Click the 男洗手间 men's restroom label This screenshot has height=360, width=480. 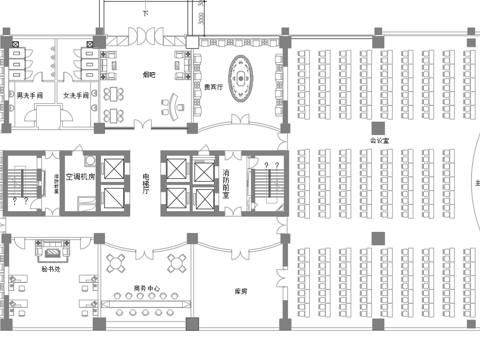pos(30,95)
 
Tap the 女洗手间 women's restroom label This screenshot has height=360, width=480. pos(77,95)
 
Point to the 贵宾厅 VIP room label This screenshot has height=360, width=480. pos(213,87)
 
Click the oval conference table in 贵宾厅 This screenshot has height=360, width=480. pos(243,71)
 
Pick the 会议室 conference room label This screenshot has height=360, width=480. pos(379,142)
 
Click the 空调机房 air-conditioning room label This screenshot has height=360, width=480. pos(80,176)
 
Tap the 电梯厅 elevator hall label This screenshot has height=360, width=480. pos(146,180)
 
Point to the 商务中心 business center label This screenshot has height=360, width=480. pos(146,289)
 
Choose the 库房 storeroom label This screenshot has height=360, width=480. pos(240,292)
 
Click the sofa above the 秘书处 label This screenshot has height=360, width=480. pos(49,245)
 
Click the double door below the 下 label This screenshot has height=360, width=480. pos(146,35)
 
